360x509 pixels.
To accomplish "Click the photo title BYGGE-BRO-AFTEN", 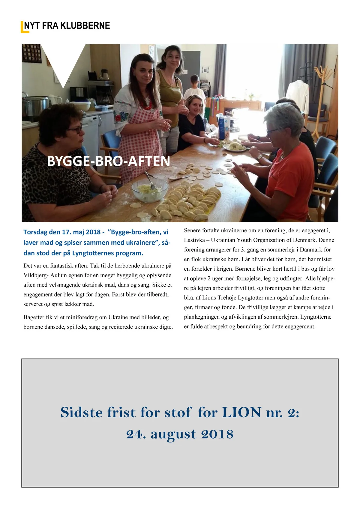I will click(x=108, y=161).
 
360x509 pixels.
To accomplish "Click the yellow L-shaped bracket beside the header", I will click(x=23, y=28).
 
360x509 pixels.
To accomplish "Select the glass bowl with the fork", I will click(x=150, y=189).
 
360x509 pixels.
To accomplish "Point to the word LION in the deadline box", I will click(x=241, y=412).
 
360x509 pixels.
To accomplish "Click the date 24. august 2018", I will click(x=180, y=434).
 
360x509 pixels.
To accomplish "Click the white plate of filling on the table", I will click(x=235, y=147).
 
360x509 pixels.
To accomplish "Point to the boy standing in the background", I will click(x=195, y=87).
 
